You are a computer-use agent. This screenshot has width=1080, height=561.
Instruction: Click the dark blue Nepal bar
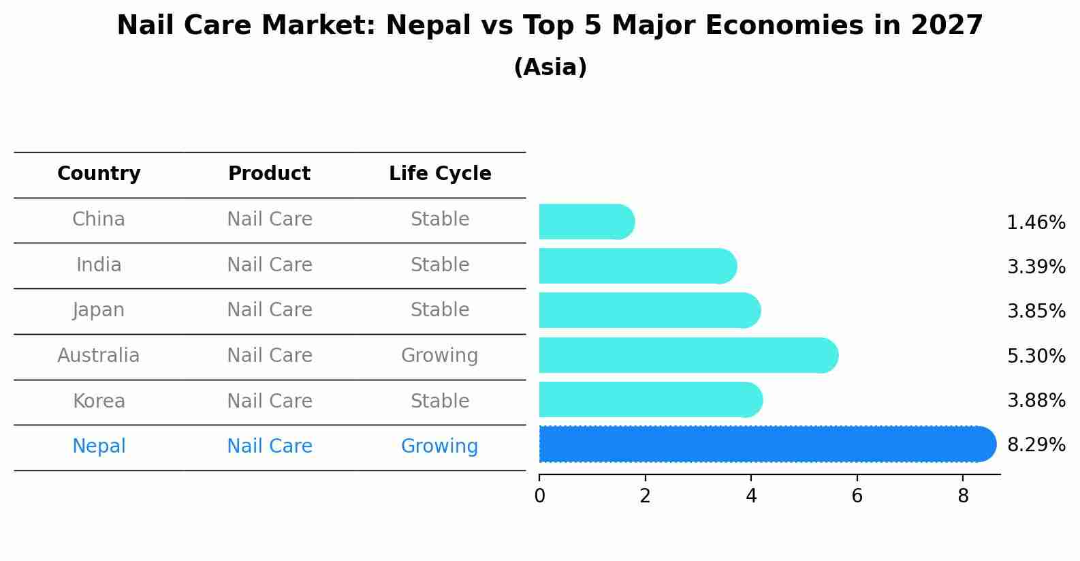tap(766, 444)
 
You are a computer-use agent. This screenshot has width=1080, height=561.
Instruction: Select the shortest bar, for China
tap(586, 222)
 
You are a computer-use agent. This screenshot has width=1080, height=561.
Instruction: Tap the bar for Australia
tap(688, 355)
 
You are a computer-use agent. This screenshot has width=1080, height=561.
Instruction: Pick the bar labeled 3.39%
tap(637, 266)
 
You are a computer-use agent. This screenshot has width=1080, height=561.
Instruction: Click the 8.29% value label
tap(1036, 445)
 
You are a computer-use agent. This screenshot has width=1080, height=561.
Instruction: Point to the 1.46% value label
tap(1036, 223)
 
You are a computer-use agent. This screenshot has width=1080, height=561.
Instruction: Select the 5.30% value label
tap(1036, 356)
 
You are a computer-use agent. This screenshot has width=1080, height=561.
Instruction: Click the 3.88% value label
tap(1036, 400)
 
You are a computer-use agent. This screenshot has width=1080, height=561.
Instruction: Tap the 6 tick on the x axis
tap(857, 496)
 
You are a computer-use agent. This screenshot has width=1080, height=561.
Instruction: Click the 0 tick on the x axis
tap(539, 496)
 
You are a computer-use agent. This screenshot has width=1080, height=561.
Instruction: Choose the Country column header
tap(99, 174)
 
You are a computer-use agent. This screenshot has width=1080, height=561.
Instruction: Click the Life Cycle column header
tap(440, 174)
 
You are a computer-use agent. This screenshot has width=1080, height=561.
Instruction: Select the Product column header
tap(269, 174)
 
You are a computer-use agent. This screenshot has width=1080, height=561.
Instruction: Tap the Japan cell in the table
tap(99, 310)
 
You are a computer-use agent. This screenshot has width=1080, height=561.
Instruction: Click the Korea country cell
tap(99, 401)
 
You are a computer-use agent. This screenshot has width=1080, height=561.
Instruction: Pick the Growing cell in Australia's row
tap(439, 355)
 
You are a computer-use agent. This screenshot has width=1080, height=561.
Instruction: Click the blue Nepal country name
tap(99, 446)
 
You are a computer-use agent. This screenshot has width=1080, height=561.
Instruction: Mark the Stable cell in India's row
tap(439, 264)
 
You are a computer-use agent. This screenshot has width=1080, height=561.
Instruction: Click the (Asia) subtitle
tap(550, 67)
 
